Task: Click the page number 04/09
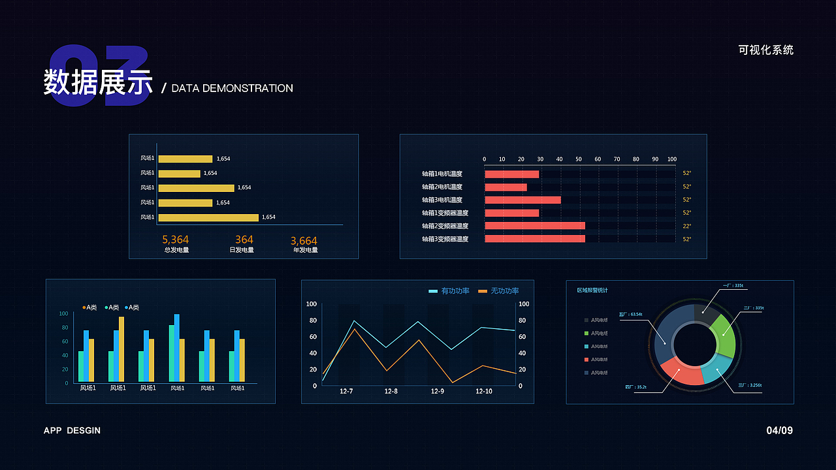tap(779, 431)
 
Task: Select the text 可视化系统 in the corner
tap(766, 50)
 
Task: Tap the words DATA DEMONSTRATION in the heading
tap(232, 88)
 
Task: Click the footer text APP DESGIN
tap(72, 431)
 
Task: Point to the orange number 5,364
tap(175, 240)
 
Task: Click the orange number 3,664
tap(304, 241)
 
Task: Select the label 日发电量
tap(242, 250)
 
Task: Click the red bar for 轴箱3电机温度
tap(522, 200)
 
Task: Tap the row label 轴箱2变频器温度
tap(445, 226)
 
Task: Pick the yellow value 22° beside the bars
tap(687, 226)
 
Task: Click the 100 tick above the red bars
tap(671, 159)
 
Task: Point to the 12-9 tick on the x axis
tap(437, 392)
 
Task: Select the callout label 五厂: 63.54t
tap(630, 315)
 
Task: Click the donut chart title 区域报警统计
tap(592, 290)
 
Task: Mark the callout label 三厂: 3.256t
tap(750, 385)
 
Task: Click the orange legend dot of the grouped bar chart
tap(84, 307)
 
